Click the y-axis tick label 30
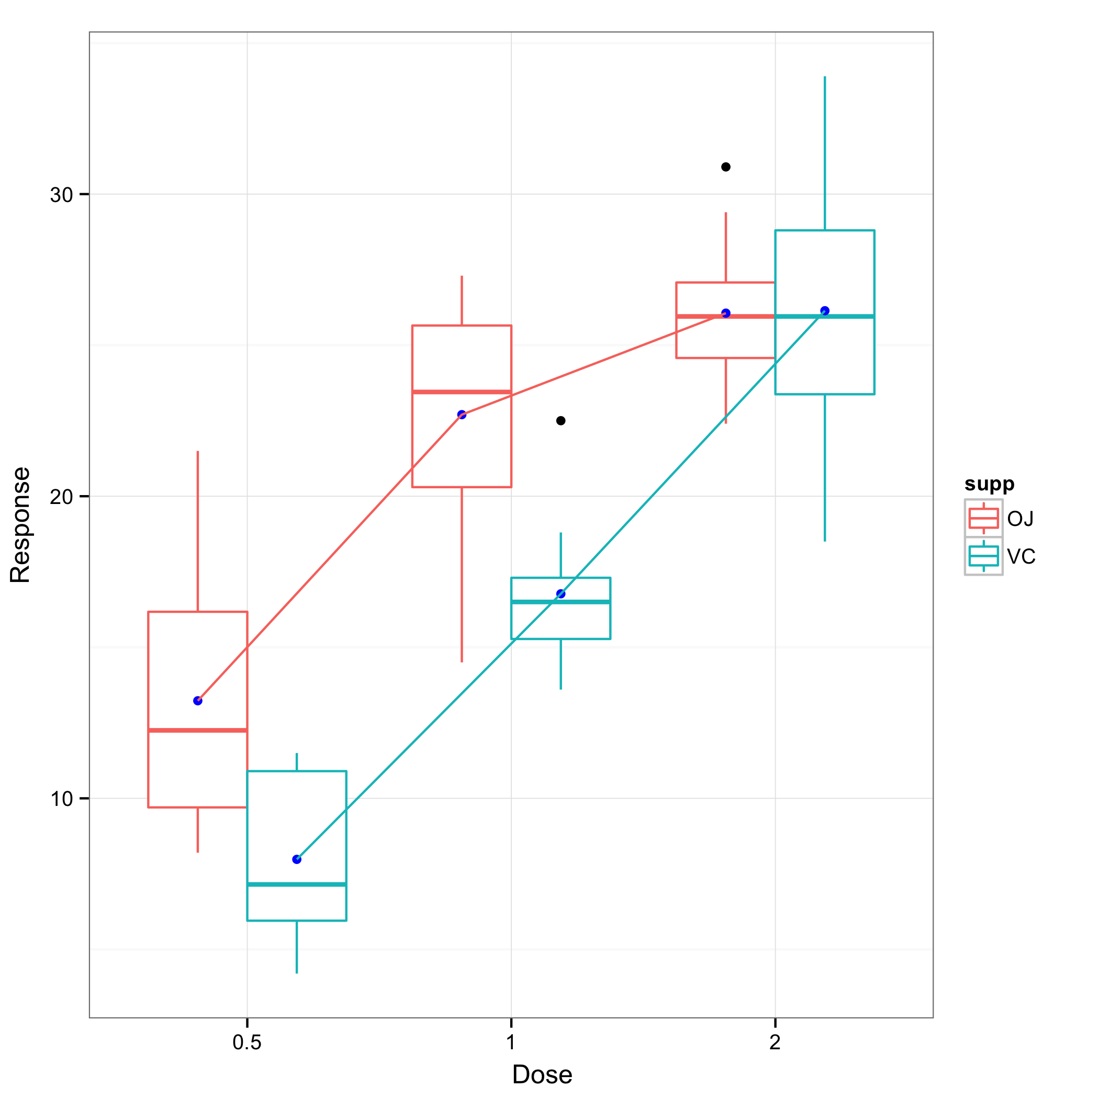[x=61, y=195]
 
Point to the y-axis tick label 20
[x=61, y=497]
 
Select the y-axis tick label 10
[x=61, y=799]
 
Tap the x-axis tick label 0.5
[x=247, y=1042]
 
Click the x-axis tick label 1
[x=511, y=1042]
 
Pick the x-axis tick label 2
[x=775, y=1042]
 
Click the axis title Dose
[x=542, y=1074]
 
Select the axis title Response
[x=20, y=524]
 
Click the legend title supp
[x=989, y=484]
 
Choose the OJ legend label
[x=1020, y=519]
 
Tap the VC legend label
[x=1021, y=556]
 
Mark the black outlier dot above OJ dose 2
[x=726, y=166]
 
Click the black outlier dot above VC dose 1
[x=561, y=421]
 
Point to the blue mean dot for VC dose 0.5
[x=297, y=859]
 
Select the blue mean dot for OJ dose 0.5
[x=198, y=701]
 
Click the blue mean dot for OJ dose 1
[x=462, y=414]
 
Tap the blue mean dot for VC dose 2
[x=825, y=310]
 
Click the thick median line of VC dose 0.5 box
[x=297, y=884]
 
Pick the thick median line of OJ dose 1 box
[x=462, y=392]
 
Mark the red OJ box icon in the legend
[x=983, y=518]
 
